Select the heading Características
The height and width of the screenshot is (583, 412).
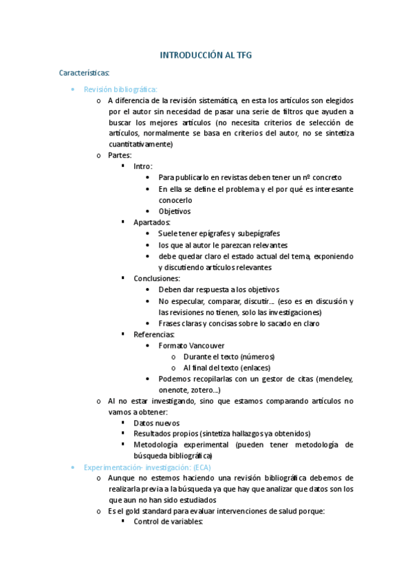[x=85, y=71]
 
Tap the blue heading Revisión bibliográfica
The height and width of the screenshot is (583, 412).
[x=120, y=89]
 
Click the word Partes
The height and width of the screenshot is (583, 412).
[x=120, y=155]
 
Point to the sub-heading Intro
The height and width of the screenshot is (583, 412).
[x=143, y=166]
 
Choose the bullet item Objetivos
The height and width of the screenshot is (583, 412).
[x=175, y=211]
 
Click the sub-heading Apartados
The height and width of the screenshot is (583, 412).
[x=153, y=222]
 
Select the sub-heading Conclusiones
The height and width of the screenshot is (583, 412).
[x=157, y=278]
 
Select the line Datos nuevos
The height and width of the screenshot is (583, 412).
[x=157, y=423]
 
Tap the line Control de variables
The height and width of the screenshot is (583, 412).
[x=169, y=522]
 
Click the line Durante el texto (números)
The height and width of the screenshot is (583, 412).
[x=228, y=356]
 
